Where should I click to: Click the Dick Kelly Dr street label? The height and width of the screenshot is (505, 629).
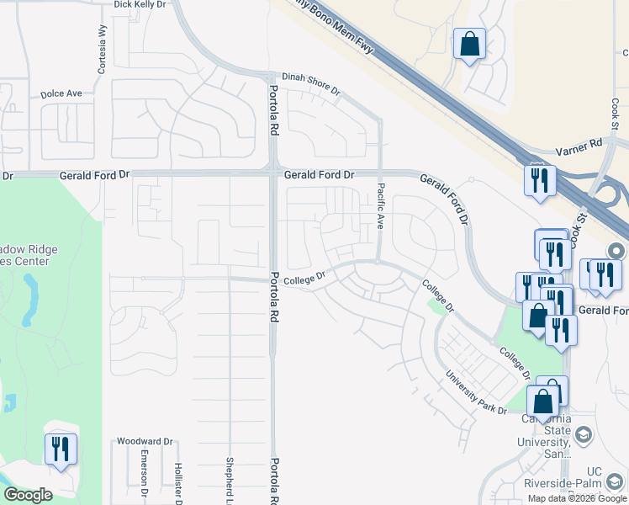click(x=140, y=5)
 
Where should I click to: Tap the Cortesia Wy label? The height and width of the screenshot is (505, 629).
click(x=101, y=55)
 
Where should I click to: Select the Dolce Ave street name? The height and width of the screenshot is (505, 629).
click(x=61, y=93)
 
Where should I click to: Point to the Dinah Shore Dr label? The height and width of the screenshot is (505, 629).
click(x=310, y=83)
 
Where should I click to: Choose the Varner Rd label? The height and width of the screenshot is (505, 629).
click(x=580, y=148)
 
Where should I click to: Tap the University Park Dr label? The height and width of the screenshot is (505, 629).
click(x=476, y=392)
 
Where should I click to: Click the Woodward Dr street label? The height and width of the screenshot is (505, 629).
click(x=145, y=441)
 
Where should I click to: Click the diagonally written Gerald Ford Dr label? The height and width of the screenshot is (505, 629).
click(x=445, y=199)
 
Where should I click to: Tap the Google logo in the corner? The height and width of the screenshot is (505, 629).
click(x=29, y=495)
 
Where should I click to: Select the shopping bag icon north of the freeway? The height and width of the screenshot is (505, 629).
click(x=469, y=42)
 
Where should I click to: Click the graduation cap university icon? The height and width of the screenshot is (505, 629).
click(x=584, y=434)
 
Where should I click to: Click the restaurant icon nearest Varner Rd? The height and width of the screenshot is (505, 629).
click(x=539, y=180)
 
